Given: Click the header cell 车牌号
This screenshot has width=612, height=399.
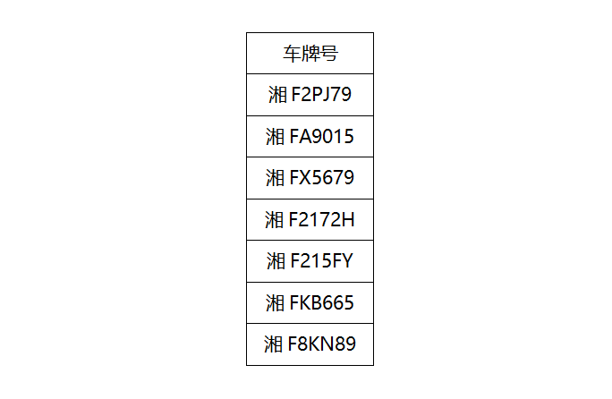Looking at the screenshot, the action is point(310,54).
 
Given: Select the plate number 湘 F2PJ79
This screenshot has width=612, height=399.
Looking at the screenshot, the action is point(310,95).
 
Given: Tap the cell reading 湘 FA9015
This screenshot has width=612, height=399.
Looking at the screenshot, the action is point(310,137).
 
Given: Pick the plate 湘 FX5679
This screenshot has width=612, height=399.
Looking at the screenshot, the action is point(310,178).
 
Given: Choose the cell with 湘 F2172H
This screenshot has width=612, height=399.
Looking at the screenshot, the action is point(310,220).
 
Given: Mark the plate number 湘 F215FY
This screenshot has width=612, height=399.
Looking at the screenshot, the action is point(310,261).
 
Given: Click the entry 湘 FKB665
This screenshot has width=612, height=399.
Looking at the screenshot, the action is point(310,303).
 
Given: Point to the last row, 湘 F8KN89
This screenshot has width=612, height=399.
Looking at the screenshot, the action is point(310,344).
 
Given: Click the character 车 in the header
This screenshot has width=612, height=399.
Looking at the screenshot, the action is point(292,54).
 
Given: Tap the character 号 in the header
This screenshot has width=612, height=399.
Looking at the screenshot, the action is point(329,54).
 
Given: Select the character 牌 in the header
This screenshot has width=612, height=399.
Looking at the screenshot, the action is point(310,54).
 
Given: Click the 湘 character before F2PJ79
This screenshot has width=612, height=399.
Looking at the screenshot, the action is point(277,95).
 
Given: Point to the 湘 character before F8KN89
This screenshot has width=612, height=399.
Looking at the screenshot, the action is point(273,344).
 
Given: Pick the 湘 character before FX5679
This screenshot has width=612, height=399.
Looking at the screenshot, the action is point(276,178).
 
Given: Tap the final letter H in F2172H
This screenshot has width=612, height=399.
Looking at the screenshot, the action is point(349,220).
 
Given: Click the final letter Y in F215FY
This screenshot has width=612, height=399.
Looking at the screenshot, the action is point(346,261).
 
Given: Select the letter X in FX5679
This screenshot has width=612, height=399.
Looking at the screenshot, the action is point(305,178).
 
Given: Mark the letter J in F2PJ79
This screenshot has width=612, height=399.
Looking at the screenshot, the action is point(326,95).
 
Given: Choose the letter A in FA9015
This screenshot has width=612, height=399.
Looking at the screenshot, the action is point(306,137).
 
